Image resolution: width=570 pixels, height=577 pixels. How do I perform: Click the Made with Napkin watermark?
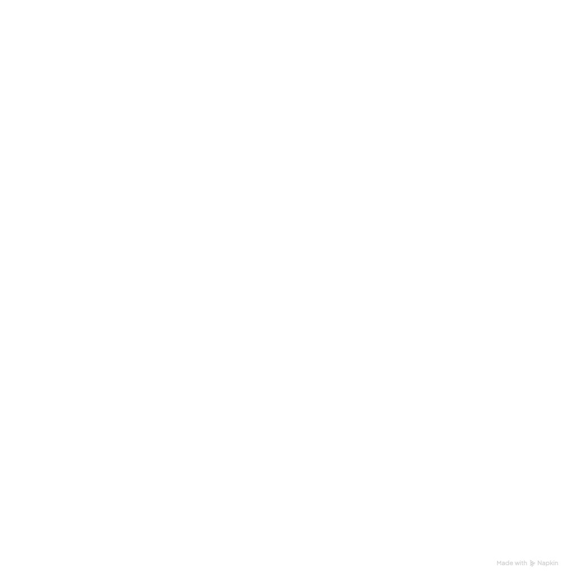pos(527,563)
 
